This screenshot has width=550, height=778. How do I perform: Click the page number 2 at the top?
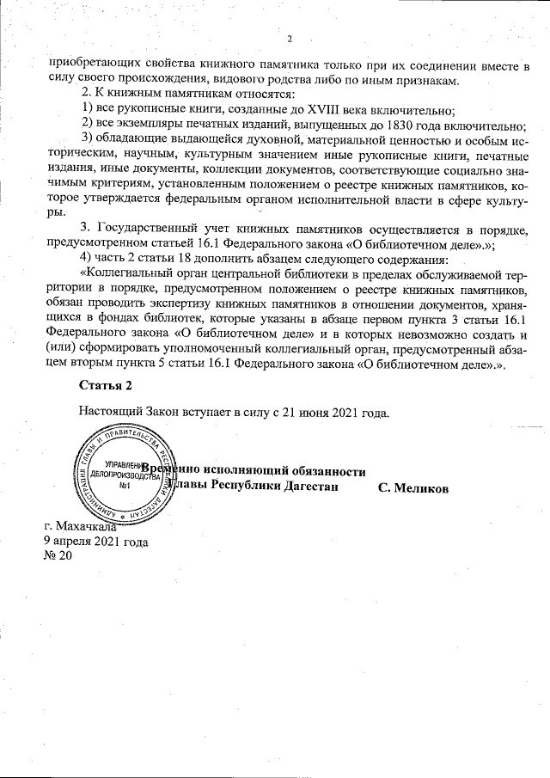tap(290, 39)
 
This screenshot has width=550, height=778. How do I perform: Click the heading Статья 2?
tap(106, 383)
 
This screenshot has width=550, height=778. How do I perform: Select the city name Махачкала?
tap(90, 526)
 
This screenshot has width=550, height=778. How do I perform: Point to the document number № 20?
tap(58, 556)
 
